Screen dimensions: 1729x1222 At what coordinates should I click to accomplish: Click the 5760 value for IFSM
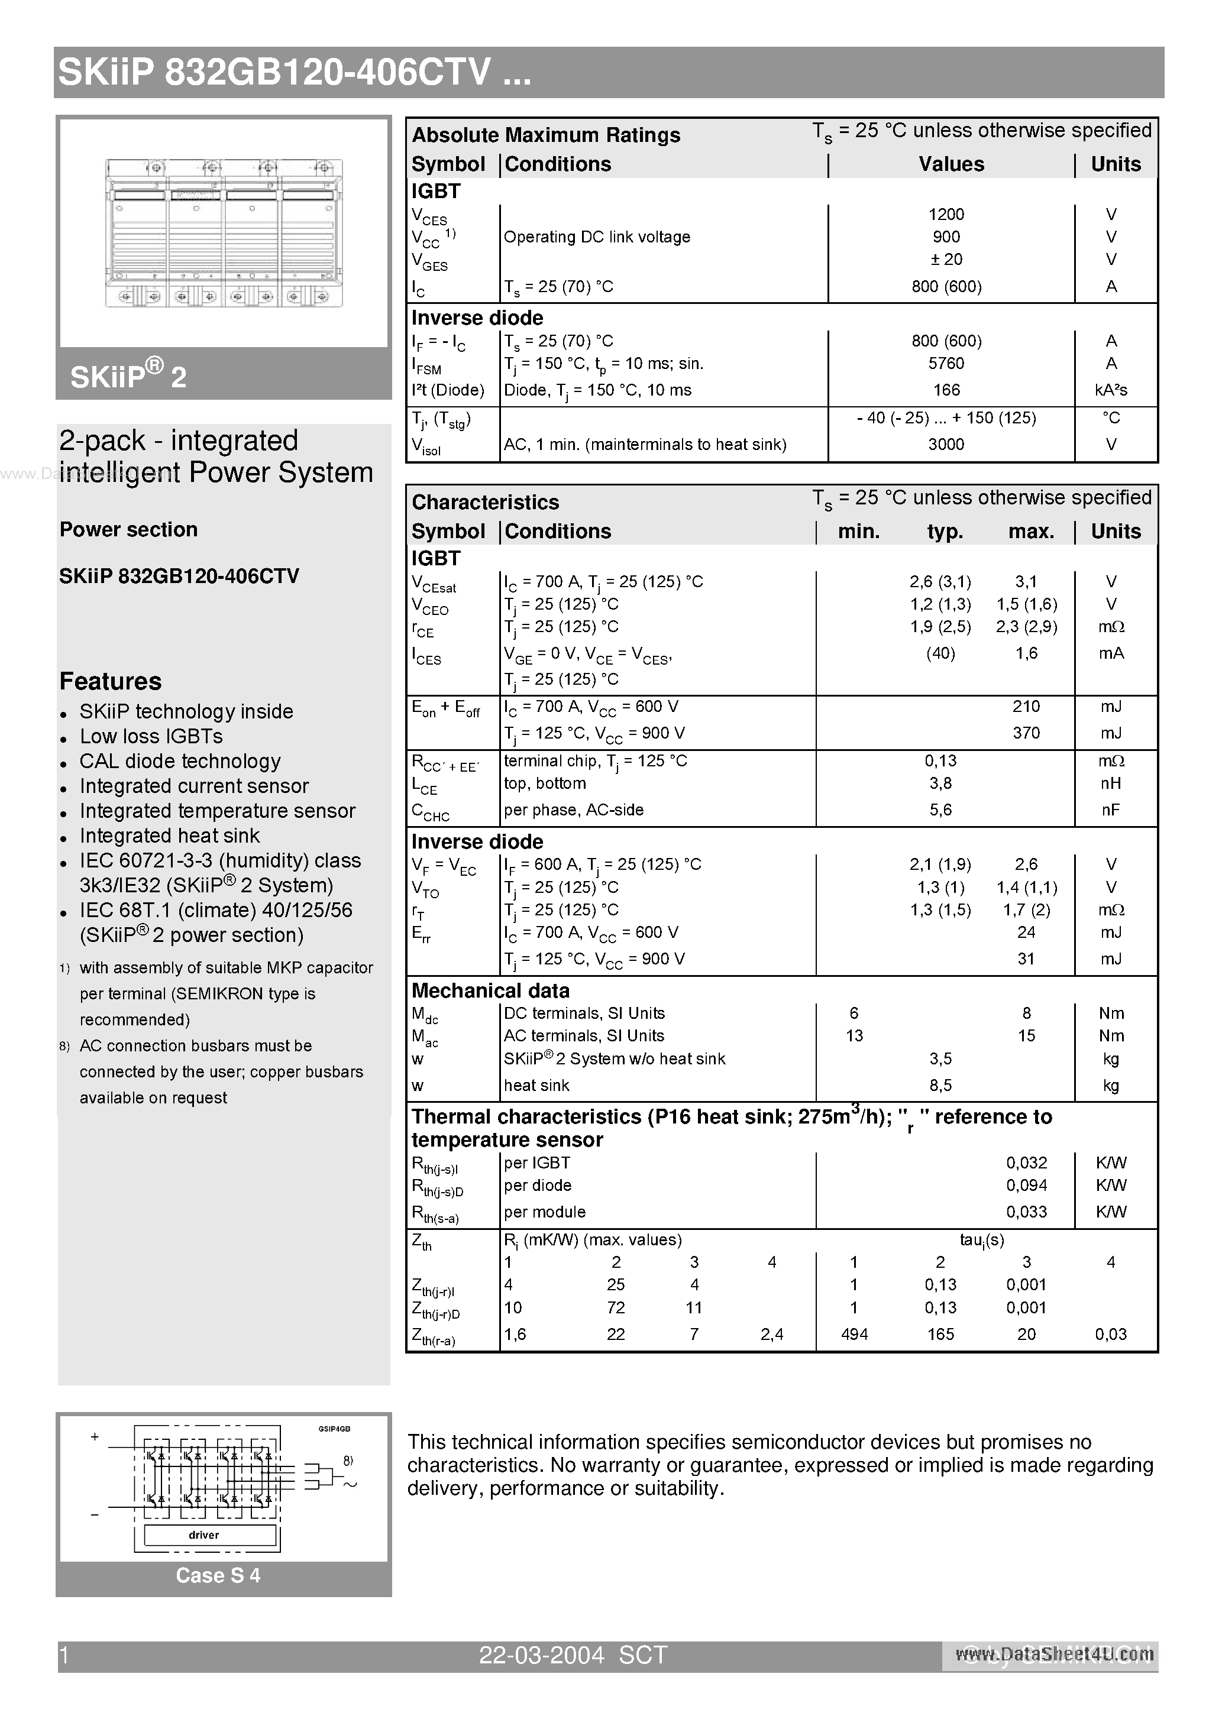tap(946, 364)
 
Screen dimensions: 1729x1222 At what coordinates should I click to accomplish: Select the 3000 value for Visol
tap(946, 444)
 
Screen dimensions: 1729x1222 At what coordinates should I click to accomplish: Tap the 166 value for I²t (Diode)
tap(946, 390)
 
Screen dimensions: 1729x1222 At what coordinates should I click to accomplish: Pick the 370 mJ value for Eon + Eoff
tap(1026, 733)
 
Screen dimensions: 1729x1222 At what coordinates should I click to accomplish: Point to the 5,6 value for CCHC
tap(940, 810)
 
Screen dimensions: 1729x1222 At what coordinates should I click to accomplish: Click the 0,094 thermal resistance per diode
tap(1026, 1186)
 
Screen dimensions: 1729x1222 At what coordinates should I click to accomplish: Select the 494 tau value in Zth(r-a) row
tap(854, 1335)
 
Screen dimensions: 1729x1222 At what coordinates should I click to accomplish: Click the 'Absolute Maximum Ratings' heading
tap(545, 135)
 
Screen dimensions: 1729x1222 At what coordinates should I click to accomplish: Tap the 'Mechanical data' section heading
tap(490, 990)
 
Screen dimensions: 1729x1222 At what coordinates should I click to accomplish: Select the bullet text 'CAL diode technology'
tap(180, 762)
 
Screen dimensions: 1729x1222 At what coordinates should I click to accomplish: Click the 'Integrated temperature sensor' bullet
tap(217, 811)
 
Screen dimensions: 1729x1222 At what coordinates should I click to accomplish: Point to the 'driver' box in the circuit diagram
tap(203, 1534)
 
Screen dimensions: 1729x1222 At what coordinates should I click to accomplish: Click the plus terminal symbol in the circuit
tap(95, 1437)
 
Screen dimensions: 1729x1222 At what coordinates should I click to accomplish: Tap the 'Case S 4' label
tap(218, 1575)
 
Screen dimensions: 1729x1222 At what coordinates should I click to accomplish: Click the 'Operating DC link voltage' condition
tap(597, 237)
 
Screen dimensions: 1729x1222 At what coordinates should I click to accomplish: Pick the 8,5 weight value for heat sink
tap(940, 1085)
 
